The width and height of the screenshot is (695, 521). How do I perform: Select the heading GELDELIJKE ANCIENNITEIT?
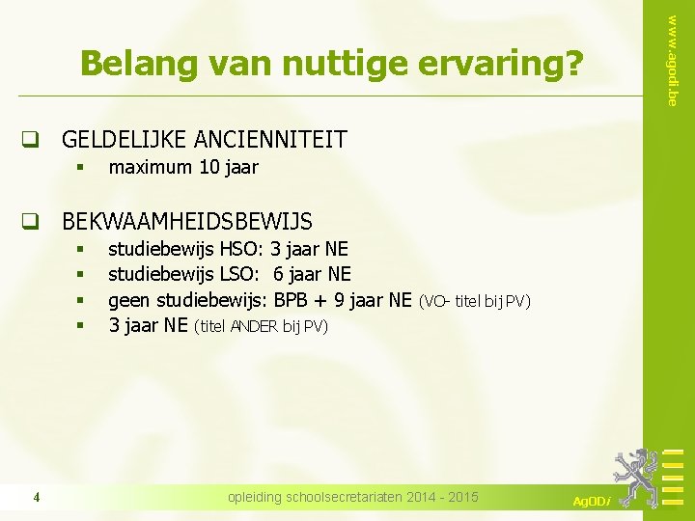(204, 140)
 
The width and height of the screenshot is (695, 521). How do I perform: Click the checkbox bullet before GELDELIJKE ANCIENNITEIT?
(31, 140)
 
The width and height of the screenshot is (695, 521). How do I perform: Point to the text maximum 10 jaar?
(183, 168)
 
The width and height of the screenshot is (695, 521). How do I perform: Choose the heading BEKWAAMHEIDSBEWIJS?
(187, 222)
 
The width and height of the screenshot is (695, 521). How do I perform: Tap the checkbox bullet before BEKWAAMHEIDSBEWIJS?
(31, 222)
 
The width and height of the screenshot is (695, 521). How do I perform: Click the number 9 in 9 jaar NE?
(340, 301)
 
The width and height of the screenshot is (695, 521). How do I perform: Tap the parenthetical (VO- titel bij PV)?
(474, 302)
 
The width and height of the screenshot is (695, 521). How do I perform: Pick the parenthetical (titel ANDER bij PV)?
(262, 327)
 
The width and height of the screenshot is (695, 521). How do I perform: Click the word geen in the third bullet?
(128, 301)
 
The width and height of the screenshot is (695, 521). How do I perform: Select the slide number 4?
(36, 498)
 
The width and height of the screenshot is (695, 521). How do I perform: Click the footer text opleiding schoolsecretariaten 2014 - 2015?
(352, 497)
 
